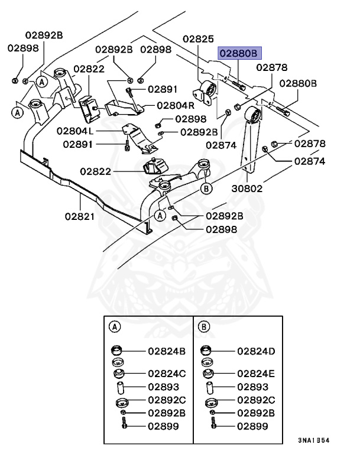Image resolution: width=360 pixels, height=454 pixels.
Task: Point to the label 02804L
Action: tap(75, 130)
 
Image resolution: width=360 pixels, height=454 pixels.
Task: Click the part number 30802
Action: tap(247, 189)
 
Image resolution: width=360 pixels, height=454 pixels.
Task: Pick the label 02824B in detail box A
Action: tap(166, 351)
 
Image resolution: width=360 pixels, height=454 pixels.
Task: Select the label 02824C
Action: tap(166, 374)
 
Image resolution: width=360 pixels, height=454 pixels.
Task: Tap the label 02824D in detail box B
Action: tap(256, 351)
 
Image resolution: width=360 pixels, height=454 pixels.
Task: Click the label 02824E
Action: tap(256, 374)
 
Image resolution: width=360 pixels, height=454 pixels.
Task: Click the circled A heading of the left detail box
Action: tap(115, 326)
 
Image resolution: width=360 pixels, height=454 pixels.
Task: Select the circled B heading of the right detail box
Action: tap(204, 326)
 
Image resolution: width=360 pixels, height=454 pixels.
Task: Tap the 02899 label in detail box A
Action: tap(163, 424)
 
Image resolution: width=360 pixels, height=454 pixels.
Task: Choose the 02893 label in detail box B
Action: tap(253, 387)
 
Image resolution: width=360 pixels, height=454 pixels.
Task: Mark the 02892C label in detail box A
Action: tap(166, 400)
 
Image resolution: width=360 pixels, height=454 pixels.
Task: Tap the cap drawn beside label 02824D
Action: tap(207, 349)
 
